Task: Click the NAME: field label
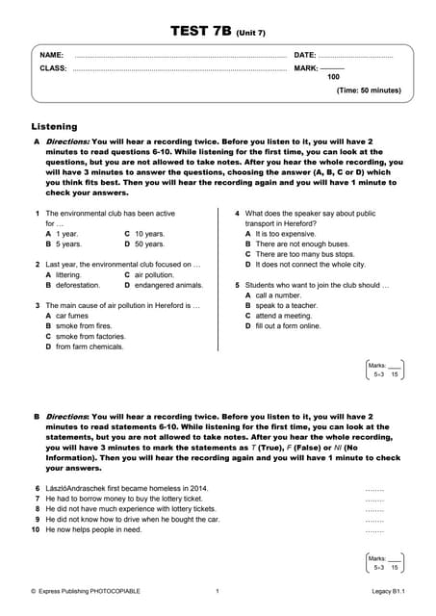click(x=52, y=56)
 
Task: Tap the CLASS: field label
click(x=53, y=68)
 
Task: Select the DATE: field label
click(x=304, y=56)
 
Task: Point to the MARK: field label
click(x=305, y=68)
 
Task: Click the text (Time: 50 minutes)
click(x=369, y=90)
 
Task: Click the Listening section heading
click(x=55, y=126)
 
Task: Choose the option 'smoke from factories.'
click(x=90, y=336)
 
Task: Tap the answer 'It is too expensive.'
click(x=286, y=234)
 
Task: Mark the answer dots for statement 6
click(x=374, y=489)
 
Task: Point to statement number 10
click(x=35, y=530)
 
